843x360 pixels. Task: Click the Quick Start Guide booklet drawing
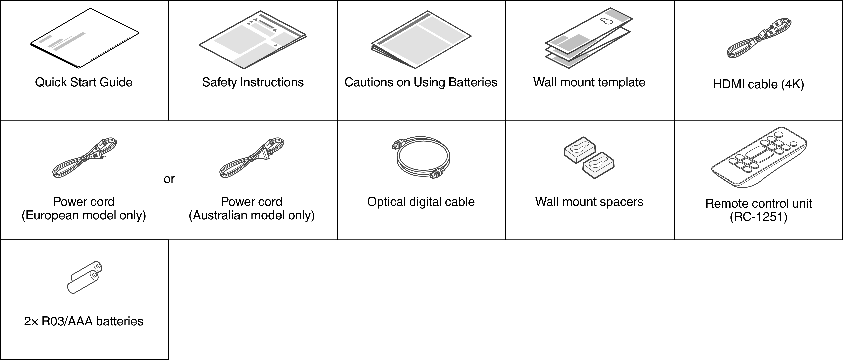point(84,39)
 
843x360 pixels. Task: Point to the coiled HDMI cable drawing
point(759,38)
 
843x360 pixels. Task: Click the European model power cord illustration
point(84,158)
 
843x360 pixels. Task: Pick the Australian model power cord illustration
point(252,158)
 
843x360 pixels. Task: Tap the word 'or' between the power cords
point(169,179)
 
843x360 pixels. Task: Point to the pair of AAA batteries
point(84,277)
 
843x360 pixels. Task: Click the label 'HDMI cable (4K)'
point(758,84)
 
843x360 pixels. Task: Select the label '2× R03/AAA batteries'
point(84,321)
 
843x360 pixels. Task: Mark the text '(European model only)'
point(84,215)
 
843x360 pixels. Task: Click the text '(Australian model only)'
point(252,215)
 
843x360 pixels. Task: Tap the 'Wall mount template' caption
point(589,82)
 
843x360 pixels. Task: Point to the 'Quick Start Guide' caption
point(84,82)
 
